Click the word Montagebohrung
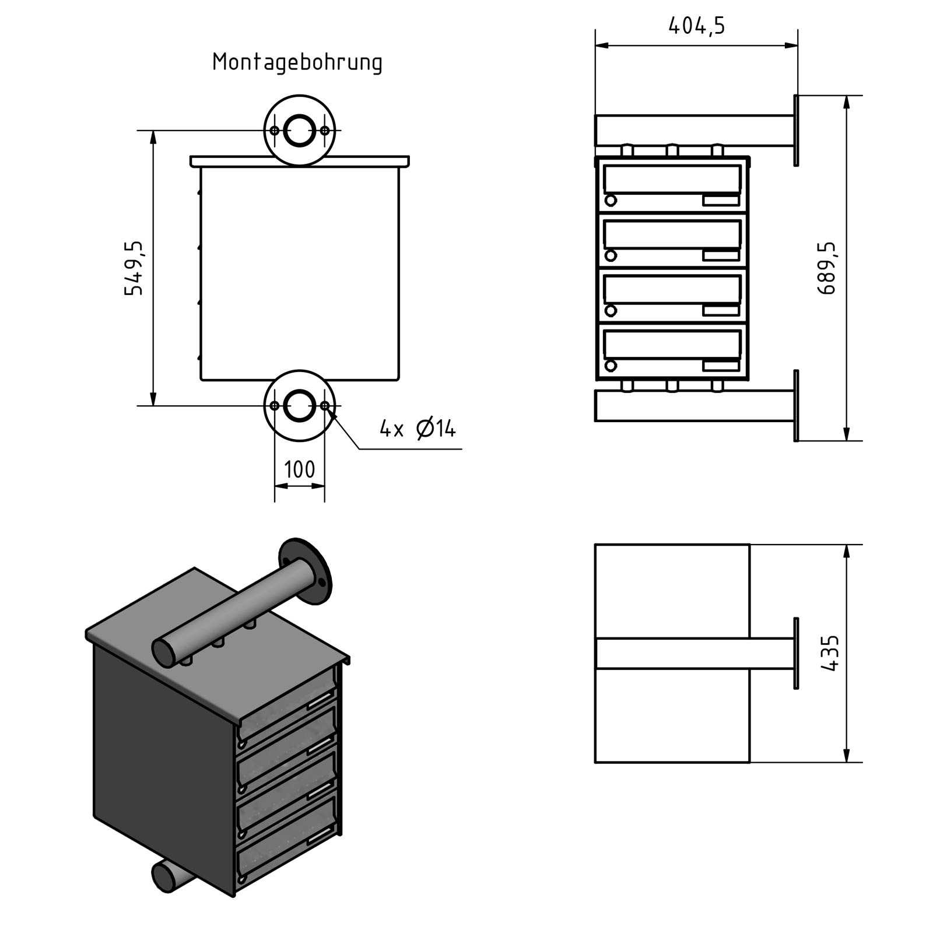coord(297,62)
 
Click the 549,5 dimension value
coord(134,268)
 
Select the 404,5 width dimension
coord(696,26)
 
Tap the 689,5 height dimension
coord(827,268)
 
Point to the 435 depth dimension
coord(830,653)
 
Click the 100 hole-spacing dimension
coord(299,469)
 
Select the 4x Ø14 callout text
coord(418,429)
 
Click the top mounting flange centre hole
coord(299,130)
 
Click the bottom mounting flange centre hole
coord(299,405)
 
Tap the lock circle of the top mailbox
coord(611,201)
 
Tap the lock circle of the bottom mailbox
coord(611,366)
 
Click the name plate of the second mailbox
coord(721,256)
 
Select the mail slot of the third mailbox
coord(672,289)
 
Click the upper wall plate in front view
coord(796,131)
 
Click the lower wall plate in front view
coord(796,405)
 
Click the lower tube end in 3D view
coord(163,878)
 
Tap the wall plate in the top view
coord(796,653)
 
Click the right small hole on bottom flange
coord(325,405)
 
